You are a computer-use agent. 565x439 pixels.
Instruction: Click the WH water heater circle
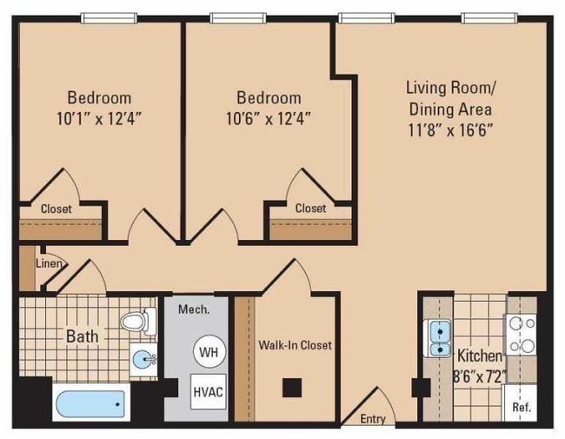[x=209, y=352]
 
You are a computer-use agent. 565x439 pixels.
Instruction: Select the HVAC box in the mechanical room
[x=209, y=391]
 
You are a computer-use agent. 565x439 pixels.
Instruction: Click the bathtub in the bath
[x=90, y=404]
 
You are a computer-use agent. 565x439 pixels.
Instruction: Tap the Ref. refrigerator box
[x=522, y=406]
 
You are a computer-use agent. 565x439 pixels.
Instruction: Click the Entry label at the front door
[x=373, y=419]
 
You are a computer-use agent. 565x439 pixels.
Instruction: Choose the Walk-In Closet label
[x=295, y=345]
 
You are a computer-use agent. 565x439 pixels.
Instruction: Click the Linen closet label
[x=47, y=263]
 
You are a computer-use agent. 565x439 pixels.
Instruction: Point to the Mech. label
[x=190, y=309]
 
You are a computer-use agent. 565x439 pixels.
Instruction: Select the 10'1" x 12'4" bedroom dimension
[x=99, y=117]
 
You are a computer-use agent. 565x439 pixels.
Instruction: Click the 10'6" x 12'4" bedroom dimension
[x=269, y=117]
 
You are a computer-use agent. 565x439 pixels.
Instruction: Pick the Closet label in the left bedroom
[x=56, y=209]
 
